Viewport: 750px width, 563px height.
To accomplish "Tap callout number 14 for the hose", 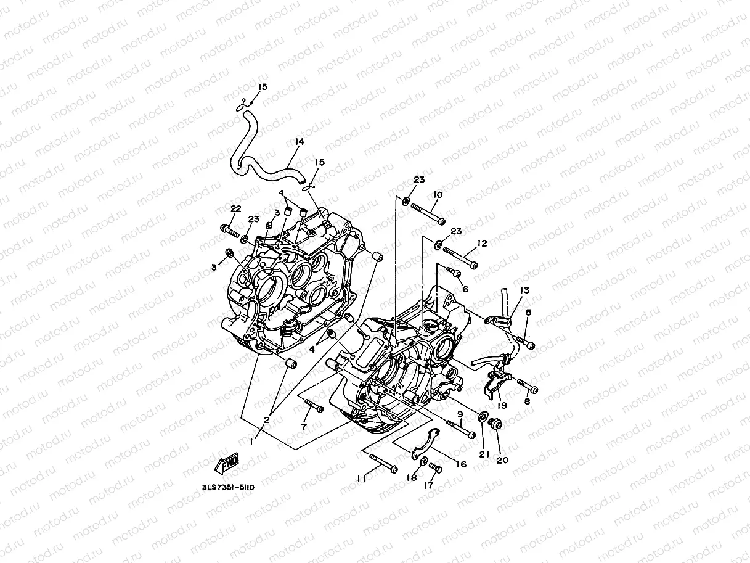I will (300, 142).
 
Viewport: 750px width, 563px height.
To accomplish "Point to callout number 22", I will (235, 208).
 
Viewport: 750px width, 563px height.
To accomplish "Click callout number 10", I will (438, 195).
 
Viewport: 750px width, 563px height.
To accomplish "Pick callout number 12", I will (482, 244).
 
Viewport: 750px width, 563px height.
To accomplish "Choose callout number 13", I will (524, 290).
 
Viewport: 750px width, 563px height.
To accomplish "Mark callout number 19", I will (502, 406).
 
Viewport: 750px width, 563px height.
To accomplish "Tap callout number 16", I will (461, 464).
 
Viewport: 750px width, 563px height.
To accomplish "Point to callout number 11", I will (362, 478).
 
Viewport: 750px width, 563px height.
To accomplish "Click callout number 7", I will (304, 427).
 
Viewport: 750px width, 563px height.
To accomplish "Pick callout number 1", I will (251, 442).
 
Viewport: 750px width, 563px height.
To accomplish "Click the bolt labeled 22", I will (227, 231).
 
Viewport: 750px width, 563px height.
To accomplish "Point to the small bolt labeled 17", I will (435, 469).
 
